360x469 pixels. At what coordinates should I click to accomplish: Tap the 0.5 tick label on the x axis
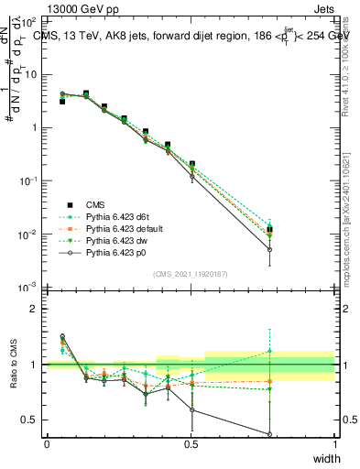pos(191,444)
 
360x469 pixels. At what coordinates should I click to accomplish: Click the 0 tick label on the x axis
pos(47,444)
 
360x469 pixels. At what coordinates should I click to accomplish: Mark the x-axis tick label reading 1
pos(334,444)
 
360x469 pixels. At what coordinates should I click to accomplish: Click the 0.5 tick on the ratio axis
pos(30,420)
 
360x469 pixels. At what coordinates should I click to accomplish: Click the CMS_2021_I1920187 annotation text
pos(191,273)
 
